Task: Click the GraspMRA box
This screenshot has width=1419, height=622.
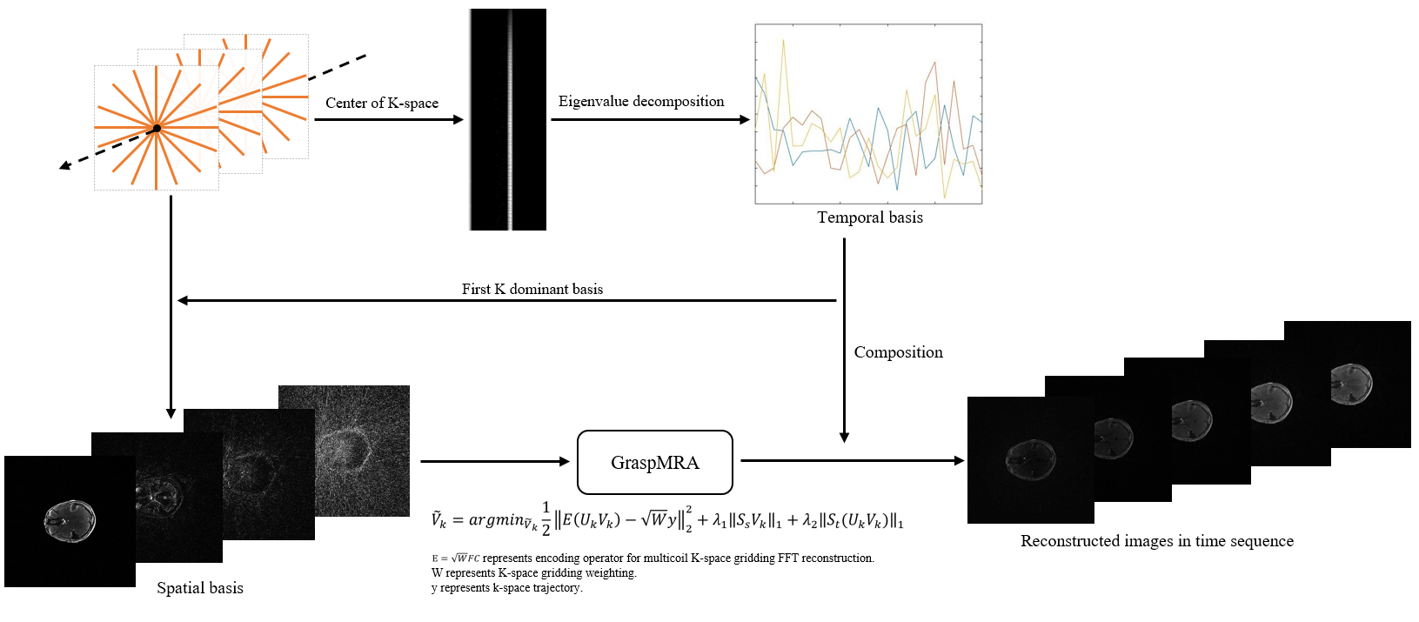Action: pos(654,462)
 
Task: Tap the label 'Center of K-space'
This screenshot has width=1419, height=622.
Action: pos(382,103)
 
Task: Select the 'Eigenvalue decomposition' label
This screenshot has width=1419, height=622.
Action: pos(640,101)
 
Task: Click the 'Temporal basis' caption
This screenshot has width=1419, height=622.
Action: pos(869,217)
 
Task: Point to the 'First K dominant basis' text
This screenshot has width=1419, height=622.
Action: pos(532,289)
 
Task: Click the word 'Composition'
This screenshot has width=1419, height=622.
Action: pos(898,352)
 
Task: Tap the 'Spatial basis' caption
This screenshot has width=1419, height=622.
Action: pos(199,588)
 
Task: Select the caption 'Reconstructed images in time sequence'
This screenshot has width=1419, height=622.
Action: pos(1156,541)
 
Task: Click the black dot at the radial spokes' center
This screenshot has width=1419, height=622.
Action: pos(157,129)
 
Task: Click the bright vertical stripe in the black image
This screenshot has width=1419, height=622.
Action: pos(509,119)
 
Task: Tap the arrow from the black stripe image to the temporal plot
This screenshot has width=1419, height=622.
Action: pos(649,119)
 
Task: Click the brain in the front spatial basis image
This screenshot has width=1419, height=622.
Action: pos(70,520)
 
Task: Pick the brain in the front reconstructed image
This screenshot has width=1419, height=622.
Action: pos(1031,458)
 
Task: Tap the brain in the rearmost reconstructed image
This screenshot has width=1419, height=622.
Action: pos(1351,382)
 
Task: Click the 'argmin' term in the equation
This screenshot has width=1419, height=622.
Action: pos(499,519)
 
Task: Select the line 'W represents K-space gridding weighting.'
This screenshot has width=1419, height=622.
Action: pos(533,573)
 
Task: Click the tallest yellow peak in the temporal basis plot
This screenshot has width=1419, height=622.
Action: pos(784,40)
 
